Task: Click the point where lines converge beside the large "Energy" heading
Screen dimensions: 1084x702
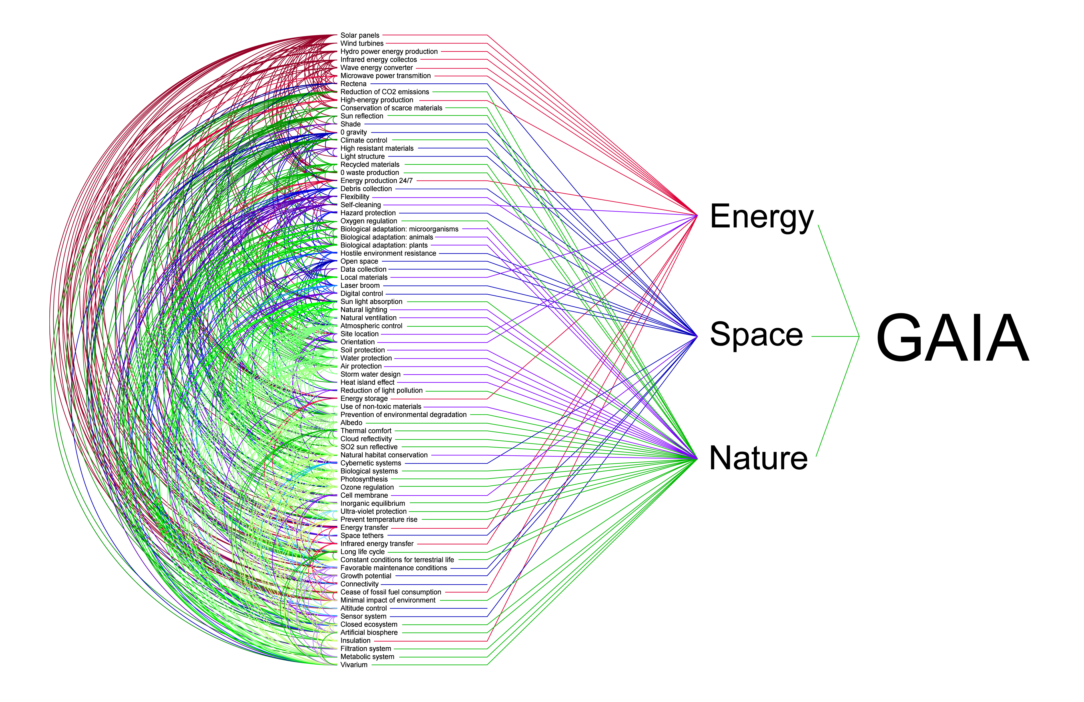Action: pyautogui.click(x=697, y=215)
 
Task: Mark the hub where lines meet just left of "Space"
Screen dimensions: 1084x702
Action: pyautogui.click(x=697, y=336)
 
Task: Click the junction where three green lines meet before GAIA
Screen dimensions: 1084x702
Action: pyautogui.click(x=859, y=337)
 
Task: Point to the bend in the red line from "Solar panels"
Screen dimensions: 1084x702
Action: pyautogui.click(x=488, y=35)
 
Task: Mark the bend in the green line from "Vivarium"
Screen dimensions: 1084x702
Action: pyautogui.click(x=488, y=665)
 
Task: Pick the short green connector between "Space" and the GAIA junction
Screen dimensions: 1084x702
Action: pyautogui.click(x=835, y=337)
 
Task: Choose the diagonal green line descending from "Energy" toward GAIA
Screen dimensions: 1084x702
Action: pyautogui.click(x=838, y=281)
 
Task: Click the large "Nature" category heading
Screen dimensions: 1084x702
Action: pyautogui.click(x=758, y=458)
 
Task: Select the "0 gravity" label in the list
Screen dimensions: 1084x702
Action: pyautogui.click(x=353, y=132)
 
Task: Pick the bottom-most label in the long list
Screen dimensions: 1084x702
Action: pyautogui.click(x=354, y=665)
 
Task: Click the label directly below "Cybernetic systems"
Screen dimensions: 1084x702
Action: pyautogui.click(x=369, y=471)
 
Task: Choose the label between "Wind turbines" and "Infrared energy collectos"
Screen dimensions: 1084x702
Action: pyautogui.click(x=389, y=52)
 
